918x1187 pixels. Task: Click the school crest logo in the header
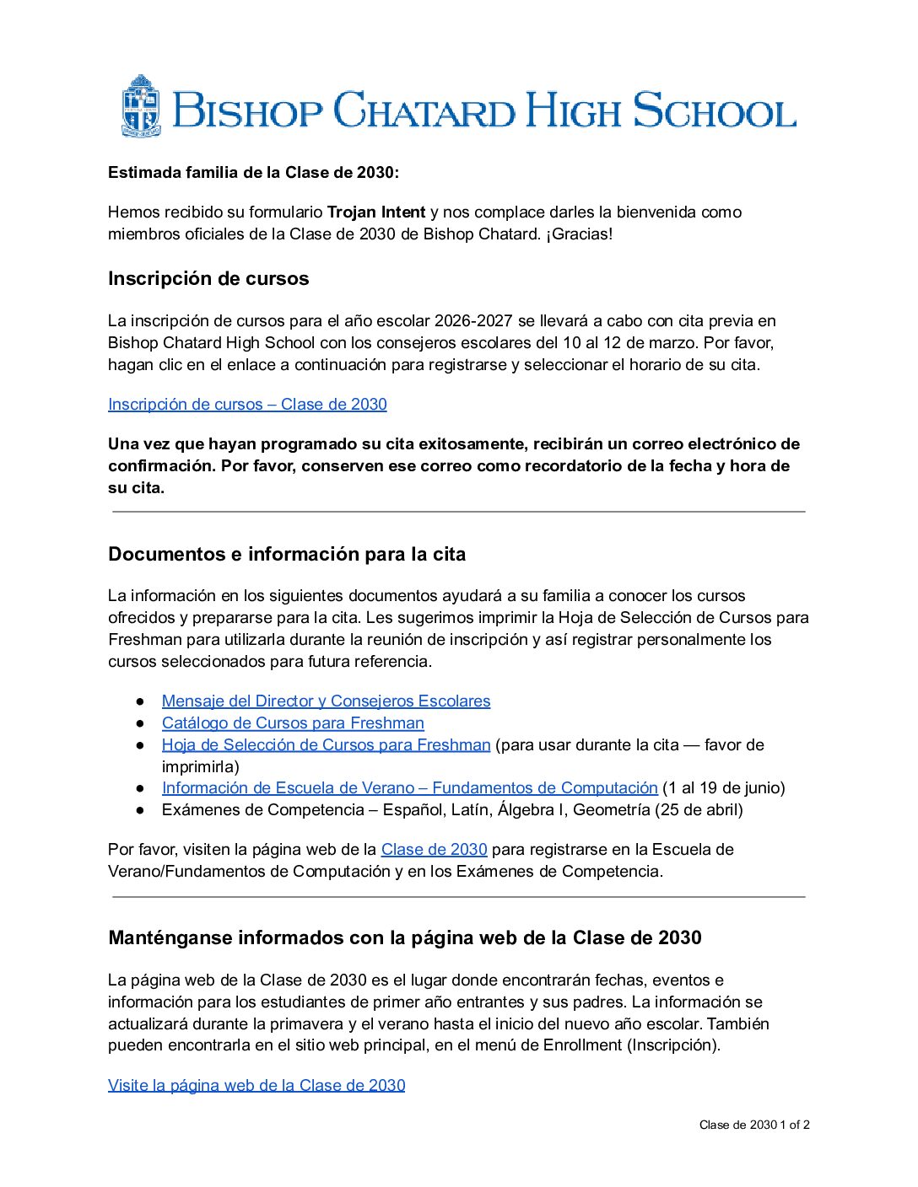click(x=141, y=105)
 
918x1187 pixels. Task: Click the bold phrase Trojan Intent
click(x=375, y=212)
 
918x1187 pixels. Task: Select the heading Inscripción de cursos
click(x=208, y=278)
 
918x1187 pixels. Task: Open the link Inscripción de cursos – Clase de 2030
click(x=247, y=404)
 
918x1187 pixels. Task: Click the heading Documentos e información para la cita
click(x=287, y=554)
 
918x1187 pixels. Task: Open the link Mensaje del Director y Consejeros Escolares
click(x=326, y=701)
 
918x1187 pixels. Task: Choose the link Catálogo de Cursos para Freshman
click(x=293, y=722)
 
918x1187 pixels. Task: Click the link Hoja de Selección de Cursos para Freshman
click(x=326, y=744)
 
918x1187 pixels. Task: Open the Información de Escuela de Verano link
click(x=409, y=787)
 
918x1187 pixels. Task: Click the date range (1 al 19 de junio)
click(x=724, y=787)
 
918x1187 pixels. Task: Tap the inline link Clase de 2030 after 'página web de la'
click(x=434, y=849)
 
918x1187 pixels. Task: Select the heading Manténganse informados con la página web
click(x=405, y=937)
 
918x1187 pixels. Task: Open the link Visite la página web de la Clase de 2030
click(x=256, y=1085)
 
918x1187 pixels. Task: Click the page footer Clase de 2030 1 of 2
click(x=753, y=1125)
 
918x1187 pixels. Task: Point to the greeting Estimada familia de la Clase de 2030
click(x=253, y=172)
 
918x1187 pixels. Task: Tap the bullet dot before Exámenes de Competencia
click(x=142, y=809)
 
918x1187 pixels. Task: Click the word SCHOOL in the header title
click(x=714, y=110)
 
